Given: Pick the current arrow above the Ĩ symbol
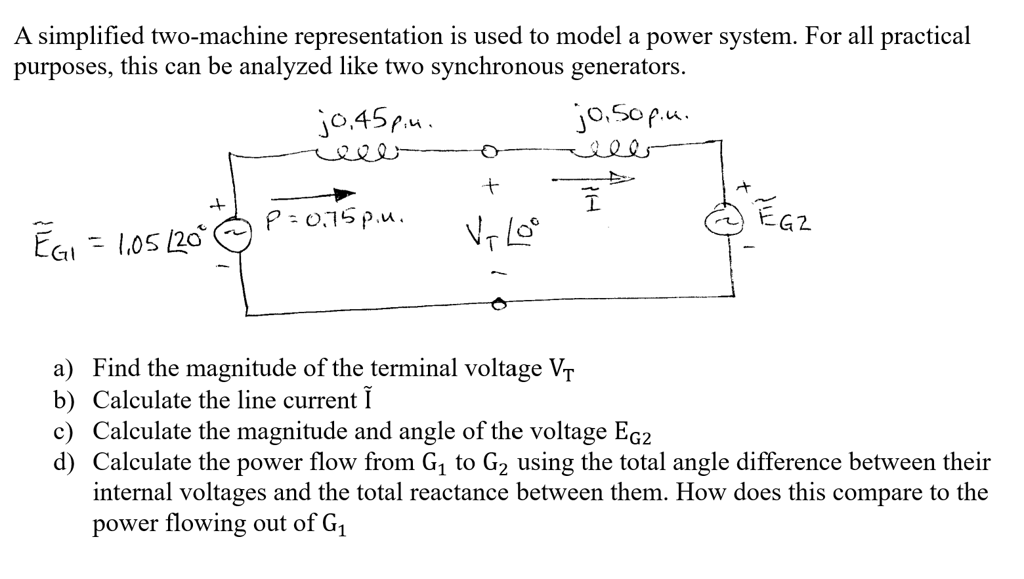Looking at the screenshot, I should [593, 178].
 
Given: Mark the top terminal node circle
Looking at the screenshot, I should [488, 152].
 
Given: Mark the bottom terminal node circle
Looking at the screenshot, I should [499, 304].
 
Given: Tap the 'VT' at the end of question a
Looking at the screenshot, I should [561, 370].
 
